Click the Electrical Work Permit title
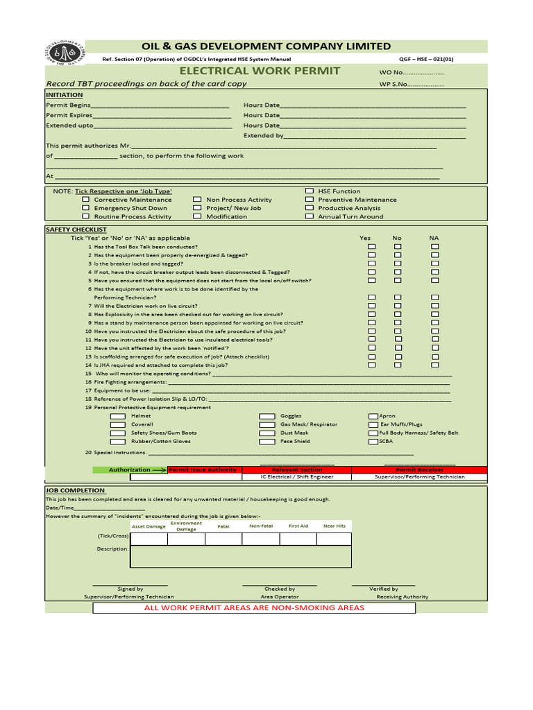coord(260,71)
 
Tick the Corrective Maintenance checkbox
coord(86,200)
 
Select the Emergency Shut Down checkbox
coord(86,208)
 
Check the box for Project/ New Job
coord(198,208)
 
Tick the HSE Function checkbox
coord(310,191)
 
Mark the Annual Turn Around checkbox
coord(310,216)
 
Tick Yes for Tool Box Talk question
coord(372,247)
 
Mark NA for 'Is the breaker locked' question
coord(434,263)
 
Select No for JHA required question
coord(398,365)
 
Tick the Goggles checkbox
coord(267,416)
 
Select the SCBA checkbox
coord(373,441)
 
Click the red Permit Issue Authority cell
coord(203,469)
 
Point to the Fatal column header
coord(223,526)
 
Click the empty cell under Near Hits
coord(335,539)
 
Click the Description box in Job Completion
coord(241,557)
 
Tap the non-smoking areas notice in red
coord(254,608)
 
